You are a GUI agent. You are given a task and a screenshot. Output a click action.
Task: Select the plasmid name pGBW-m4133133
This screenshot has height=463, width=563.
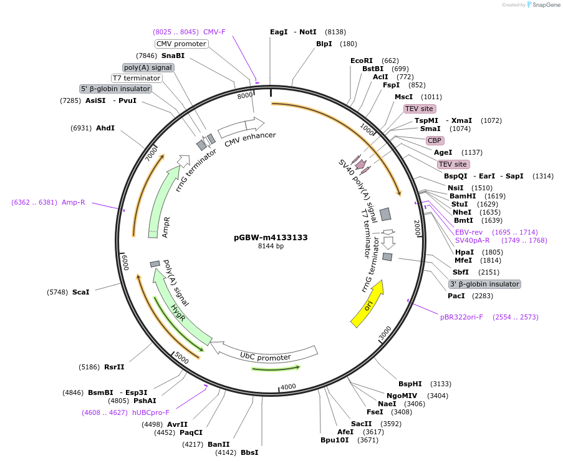[271, 237]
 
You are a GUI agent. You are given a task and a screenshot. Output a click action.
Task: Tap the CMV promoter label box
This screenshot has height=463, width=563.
[181, 44]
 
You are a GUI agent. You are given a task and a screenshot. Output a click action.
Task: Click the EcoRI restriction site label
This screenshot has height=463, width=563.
[361, 61]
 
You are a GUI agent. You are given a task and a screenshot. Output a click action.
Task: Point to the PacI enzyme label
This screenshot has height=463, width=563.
[457, 296]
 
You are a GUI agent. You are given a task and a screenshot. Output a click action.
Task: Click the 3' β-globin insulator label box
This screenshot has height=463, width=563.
[484, 284]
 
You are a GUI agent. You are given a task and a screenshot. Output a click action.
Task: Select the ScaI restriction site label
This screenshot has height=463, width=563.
[80, 291]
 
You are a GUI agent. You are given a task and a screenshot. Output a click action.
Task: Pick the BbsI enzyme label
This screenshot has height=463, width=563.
[249, 452]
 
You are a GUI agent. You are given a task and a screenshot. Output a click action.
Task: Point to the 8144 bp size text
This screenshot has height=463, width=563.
[271, 246]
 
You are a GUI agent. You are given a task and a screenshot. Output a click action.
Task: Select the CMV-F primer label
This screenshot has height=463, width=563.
[214, 32]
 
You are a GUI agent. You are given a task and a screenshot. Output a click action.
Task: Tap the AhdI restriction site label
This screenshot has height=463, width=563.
[105, 128]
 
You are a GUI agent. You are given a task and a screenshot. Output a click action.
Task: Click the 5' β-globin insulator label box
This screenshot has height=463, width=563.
[115, 89]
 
